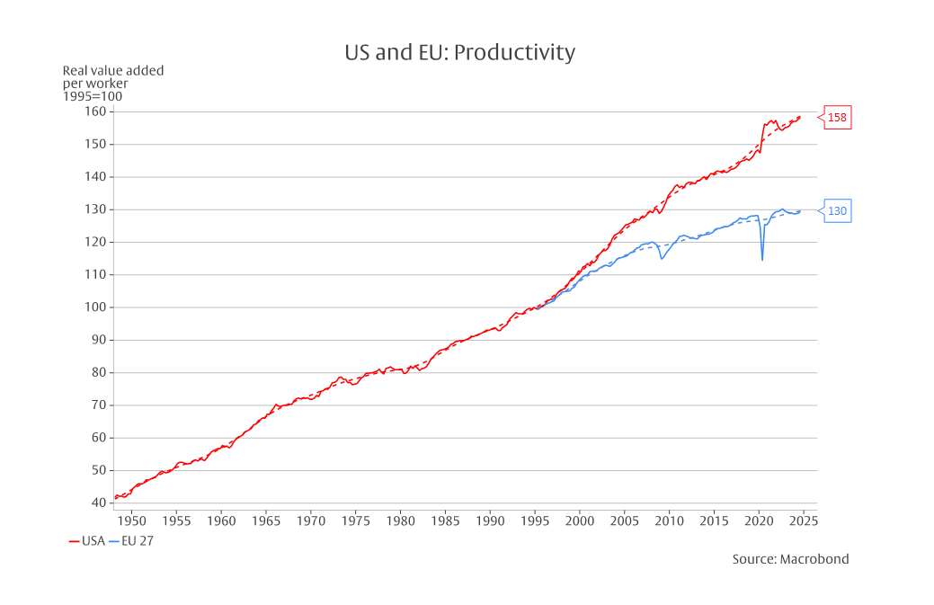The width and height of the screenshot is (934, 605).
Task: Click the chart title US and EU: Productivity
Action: pos(459,52)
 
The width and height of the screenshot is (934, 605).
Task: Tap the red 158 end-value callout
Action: pos(836,117)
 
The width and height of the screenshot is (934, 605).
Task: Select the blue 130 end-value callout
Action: pos(836,211)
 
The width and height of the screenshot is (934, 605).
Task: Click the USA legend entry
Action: pos(87,540)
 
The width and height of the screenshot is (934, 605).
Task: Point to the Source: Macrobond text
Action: pos(790,559)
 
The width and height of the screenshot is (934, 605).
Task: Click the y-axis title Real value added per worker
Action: pos(112,83)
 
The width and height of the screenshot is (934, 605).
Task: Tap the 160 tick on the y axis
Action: pos(94,111)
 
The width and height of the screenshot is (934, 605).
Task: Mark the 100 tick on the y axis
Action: pos(94,307)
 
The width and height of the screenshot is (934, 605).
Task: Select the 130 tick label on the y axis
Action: pos(94,209)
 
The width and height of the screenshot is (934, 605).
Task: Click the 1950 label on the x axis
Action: pos(131,520)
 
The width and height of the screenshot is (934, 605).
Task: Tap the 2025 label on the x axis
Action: pos(804,520)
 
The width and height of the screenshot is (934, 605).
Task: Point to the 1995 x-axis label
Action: pos(535,520)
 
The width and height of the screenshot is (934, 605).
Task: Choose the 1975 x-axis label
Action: pos(355,520)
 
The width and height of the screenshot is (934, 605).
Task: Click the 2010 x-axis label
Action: pos(669,520)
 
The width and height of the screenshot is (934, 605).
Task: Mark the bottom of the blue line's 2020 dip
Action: pos(762,260)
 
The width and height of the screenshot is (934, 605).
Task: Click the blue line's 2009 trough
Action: pos(662,259)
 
